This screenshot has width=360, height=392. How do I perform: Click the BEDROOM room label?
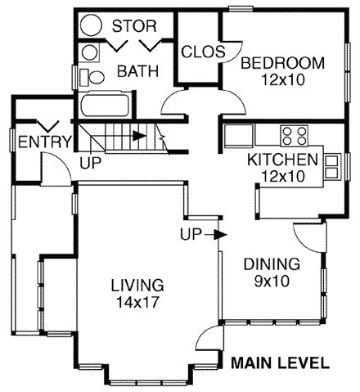tap(282, 63)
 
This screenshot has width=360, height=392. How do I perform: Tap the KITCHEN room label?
tap(282, 160)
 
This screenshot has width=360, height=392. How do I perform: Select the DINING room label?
tap(271, 264)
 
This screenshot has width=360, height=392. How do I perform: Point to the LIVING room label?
tap(137, 286)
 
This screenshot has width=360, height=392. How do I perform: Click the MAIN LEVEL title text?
tap(280, 363)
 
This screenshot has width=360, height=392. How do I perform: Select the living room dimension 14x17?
tap(137, 302)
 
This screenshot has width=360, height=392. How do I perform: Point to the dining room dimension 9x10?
tap(271, 281)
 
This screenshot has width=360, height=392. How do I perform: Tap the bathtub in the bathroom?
tap(104, 107)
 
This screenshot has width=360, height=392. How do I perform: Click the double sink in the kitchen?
tap(333, 166)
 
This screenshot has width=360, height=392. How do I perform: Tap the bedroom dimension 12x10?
tap(282, 79)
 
